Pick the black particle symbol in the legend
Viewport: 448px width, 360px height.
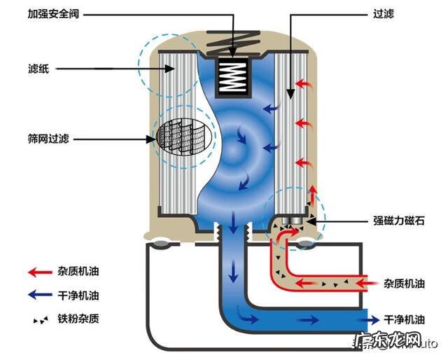point(41,319)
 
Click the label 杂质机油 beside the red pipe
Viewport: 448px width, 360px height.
point(405,284)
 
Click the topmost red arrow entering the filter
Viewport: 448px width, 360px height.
point(302,83)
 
